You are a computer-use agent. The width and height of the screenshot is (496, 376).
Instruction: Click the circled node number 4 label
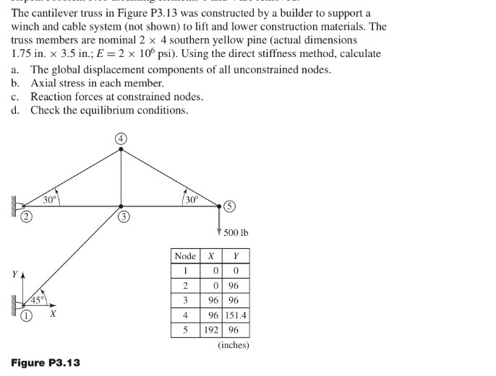pos(121,138)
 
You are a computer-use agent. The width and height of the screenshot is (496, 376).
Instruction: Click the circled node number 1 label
pos(26,315)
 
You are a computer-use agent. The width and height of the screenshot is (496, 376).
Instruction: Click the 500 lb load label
pos(236,232)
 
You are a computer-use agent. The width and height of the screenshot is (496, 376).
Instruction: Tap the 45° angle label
pos(37,298)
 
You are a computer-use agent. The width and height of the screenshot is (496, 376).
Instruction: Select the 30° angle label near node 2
pos(49,198)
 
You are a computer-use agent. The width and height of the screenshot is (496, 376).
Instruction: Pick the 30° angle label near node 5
pos(192,198)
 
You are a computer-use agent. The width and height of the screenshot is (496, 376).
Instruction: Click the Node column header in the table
pos(185,256)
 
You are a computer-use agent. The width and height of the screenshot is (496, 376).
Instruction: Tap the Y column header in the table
pos(236,256)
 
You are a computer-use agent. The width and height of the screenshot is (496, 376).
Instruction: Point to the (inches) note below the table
pos(233,345)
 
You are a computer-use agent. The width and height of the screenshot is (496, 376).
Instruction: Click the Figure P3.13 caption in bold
pos(46,362)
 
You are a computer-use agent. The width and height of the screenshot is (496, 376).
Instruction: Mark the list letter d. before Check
pos(15,110)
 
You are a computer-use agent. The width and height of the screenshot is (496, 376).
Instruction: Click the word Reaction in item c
pos(52,97)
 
